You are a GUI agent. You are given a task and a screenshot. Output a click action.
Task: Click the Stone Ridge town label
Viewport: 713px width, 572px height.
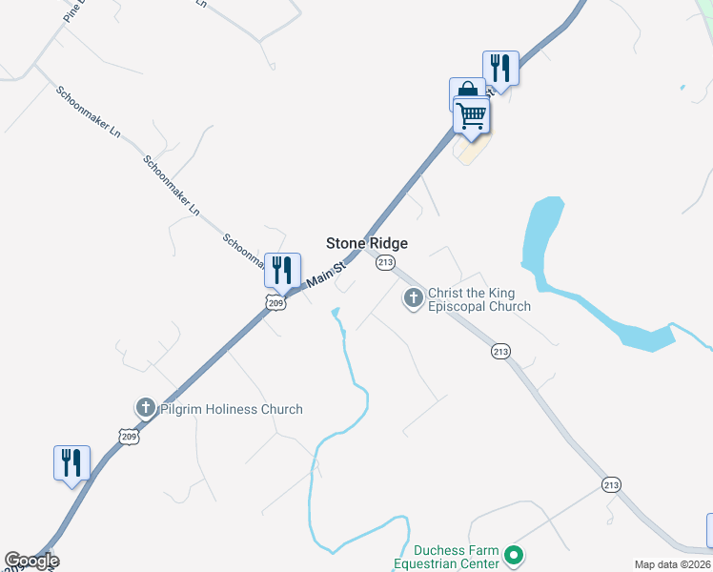click(x=367, y=244)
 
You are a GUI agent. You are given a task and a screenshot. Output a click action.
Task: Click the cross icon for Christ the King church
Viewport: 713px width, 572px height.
click(x=414, y=299)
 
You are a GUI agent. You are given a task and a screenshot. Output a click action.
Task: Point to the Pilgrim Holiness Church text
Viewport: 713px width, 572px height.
click(x=231, y=409)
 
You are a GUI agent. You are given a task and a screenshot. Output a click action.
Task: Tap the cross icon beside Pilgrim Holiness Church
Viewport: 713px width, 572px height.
click(x=146, y=408)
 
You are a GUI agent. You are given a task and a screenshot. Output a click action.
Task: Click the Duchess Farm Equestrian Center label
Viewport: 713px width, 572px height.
click(x=458, y=557)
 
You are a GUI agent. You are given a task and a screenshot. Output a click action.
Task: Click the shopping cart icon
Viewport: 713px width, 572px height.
click(x=472, y=116)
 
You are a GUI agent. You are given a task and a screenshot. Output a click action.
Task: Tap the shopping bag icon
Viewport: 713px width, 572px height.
click(x=466, y=93)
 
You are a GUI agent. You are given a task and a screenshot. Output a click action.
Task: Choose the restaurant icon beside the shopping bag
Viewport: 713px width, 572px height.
click(x=500, y=68)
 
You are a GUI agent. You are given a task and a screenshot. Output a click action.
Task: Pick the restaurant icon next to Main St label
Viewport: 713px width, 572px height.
click(x=282, y=270)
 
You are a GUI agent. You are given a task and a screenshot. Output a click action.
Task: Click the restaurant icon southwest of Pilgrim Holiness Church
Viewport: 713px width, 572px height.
click(x=72, y=463)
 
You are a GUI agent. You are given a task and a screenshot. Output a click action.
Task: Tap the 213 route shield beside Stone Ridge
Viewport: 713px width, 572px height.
click(x=385, y=262)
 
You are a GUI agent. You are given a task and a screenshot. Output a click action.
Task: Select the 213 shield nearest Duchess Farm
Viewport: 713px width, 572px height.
click(x=611, y=485)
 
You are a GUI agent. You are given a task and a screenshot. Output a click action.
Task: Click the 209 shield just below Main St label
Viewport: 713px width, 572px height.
click(x=275, y=303)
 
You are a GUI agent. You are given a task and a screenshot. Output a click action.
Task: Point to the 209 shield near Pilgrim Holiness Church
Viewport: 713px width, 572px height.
click(x=130, y=436)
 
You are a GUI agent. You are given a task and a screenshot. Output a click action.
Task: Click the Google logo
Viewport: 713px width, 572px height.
click(x=31, y=561)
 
